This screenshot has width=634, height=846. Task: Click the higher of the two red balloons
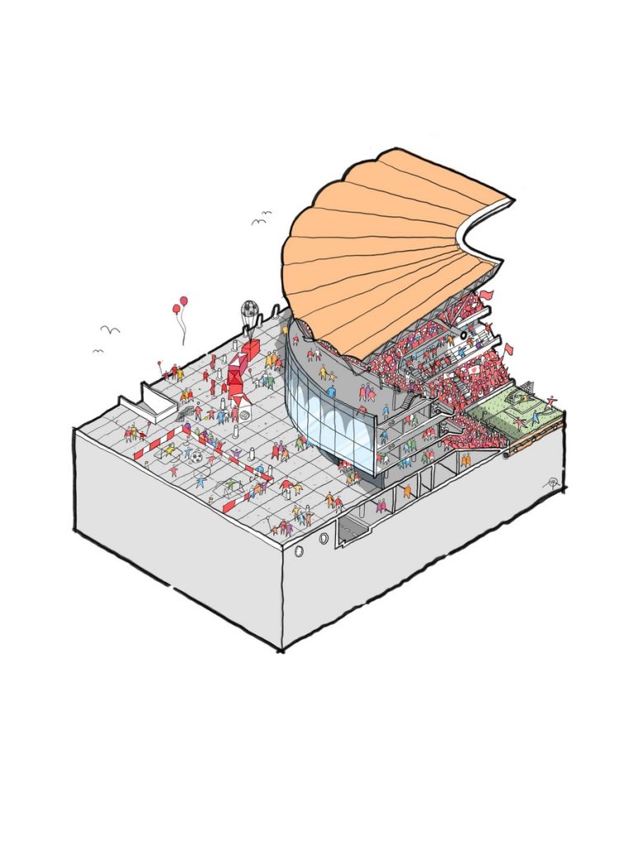click(183, 301)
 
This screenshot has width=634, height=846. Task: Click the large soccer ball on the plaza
click(197, 455)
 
